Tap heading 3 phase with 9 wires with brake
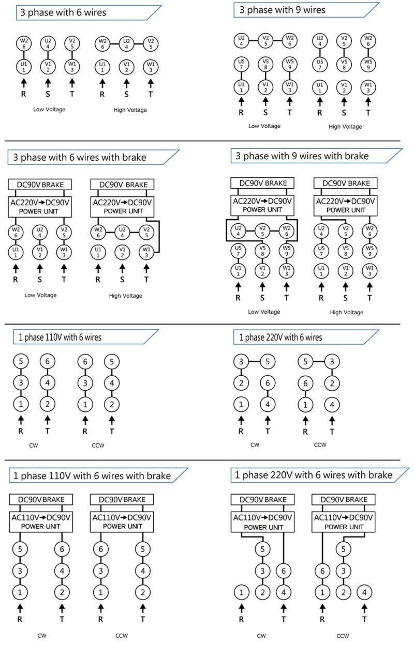pos(302,156)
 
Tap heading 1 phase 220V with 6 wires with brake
pos(314,475)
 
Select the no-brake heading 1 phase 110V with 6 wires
pos(57,337)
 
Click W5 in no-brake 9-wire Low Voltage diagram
pos(289,65)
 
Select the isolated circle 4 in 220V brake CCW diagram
pos(364,592)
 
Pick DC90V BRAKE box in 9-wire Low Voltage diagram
pos(262,183)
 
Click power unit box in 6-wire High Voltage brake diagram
pos(122,206)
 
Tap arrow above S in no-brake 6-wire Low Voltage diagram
pos(48,83)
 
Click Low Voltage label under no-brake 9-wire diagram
pos(264,126)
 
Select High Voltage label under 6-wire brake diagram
pos(126,296)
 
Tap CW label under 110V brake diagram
pos(42,635)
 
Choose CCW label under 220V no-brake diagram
pos(320,444)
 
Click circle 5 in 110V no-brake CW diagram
pos(21,362)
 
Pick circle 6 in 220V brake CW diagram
pos(284,570)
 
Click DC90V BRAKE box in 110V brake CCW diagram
pos(122,500)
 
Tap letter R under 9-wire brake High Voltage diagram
pos(321,298)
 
